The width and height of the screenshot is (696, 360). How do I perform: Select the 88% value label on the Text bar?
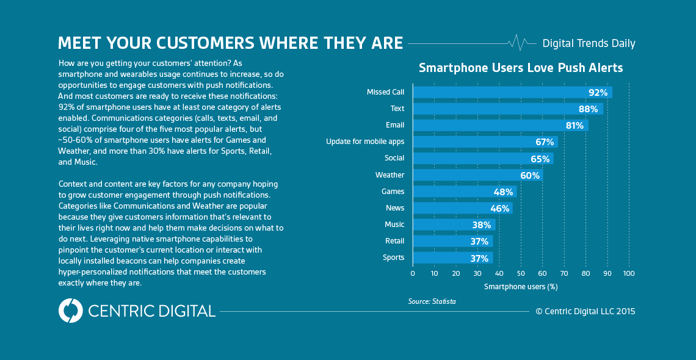point(589,109)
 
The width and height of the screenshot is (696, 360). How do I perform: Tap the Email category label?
point(394,125)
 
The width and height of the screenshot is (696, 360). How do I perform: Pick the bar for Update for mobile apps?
point(485,142)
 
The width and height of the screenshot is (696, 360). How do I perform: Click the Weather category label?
point(390,175)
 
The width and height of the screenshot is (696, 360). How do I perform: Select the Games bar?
point(465,192)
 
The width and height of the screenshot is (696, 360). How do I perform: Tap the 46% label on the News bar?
point(500,208)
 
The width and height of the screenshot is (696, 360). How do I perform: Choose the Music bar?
point(454,225)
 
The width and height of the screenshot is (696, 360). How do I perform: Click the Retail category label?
point(394,241)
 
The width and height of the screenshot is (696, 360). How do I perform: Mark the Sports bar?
point(452,257)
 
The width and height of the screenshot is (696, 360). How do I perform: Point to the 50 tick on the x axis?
point(521,273)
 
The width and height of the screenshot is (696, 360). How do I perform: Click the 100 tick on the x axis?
point(628,273)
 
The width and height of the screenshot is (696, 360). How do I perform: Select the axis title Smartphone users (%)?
point(521,286)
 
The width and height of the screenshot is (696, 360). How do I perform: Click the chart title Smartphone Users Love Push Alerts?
point(521,68)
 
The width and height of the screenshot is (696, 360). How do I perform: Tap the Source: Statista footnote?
point(432,301)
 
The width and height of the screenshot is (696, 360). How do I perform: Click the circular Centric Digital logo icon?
point(70,311)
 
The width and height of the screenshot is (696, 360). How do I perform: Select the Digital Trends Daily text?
point(589,43)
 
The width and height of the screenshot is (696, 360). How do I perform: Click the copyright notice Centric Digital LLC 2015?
point(585,311)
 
